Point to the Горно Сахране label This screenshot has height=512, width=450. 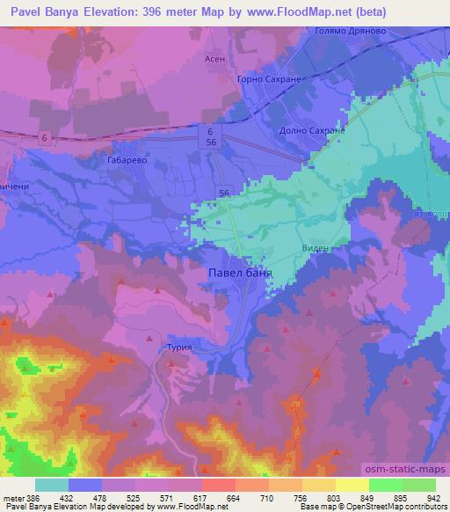click(269, 79)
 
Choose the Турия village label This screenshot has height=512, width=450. click(178, 347)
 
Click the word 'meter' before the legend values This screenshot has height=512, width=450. click(12, 498)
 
